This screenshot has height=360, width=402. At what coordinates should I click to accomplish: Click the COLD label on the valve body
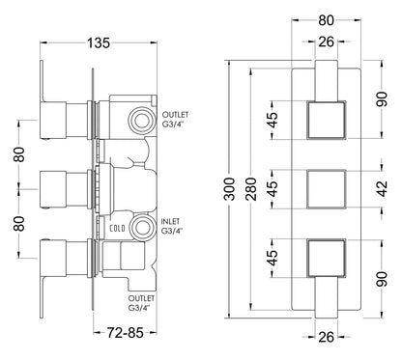click(117, 229)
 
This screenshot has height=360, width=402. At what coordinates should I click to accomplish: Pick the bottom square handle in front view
click(324, 258)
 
